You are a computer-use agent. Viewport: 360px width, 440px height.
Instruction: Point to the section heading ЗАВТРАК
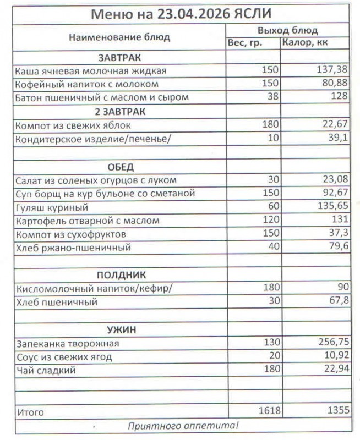[x=119, y=57]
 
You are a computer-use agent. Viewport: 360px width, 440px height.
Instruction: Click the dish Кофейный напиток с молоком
[x=87, y=84]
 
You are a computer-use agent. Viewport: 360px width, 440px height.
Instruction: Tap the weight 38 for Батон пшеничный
[x=274, y=97]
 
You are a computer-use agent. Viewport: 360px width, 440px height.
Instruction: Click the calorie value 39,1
[x=339, y=138]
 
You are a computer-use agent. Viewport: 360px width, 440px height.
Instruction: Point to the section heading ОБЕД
[x=119, y=167]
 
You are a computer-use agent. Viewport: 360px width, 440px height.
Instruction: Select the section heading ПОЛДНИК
[x=121, y=274]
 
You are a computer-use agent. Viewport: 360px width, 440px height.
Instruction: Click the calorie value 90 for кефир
[x=342, y=288]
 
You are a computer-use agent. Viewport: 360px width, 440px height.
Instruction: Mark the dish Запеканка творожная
[x=68, y=344]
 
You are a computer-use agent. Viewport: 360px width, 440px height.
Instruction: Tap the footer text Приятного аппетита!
[x=183, y=425]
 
